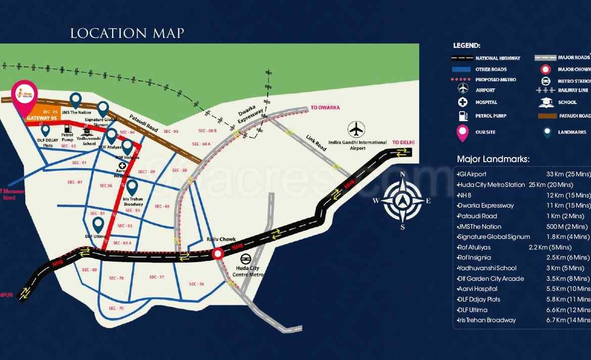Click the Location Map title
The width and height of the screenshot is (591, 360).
tap(127, 34)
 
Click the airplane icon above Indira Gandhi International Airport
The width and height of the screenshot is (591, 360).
tap(357, 129)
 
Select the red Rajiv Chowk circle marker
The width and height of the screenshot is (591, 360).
tap(218, 254)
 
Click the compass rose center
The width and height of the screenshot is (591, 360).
tap(402, 201)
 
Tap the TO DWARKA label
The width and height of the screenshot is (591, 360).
tap(325, 108)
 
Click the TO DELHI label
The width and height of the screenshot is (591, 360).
tap(403, 143)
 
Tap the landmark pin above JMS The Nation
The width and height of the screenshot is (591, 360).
tap(76, 99)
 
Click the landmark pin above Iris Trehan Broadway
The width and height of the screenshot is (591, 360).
tap(132, 187)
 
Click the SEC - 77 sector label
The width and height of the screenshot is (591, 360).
tap(157, 277)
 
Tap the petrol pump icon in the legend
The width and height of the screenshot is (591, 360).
tap(463, 116)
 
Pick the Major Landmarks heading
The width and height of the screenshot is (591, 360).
tap(493, 159)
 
